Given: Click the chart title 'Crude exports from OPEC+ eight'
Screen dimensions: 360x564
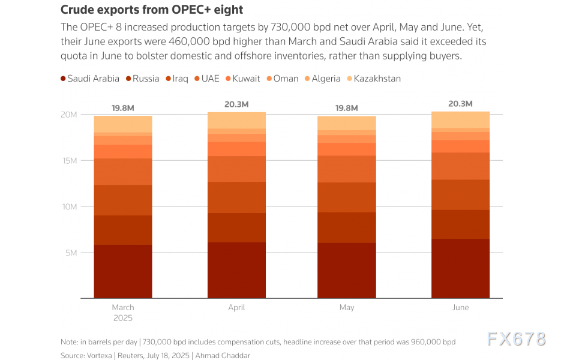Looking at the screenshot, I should pyautogui.click(x=152, y=10).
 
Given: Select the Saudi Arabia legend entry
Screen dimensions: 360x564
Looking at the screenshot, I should pyautogui.click(x=90, y=79).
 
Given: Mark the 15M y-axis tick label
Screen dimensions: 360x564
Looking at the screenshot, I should pyautogui.click(x=70, y=161).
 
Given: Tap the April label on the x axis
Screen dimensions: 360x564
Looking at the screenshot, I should pyautogui.click(x=236, y=308).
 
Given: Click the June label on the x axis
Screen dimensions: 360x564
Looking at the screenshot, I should pyautogui.click(x=460, y=308).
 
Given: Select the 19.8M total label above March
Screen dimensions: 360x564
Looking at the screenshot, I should pyautogui.click(x=123, y=108).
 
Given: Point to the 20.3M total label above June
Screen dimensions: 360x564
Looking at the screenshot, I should pyautogui.click(x=460, y=104).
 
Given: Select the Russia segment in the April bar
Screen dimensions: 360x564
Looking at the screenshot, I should pyautogui.click(x=236, y=227).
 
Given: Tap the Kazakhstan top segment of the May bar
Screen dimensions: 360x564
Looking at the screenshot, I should pyautogui.click(x=347, y=123).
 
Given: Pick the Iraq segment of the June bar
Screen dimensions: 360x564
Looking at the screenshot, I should pyautogui.click(x=460, y=194).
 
